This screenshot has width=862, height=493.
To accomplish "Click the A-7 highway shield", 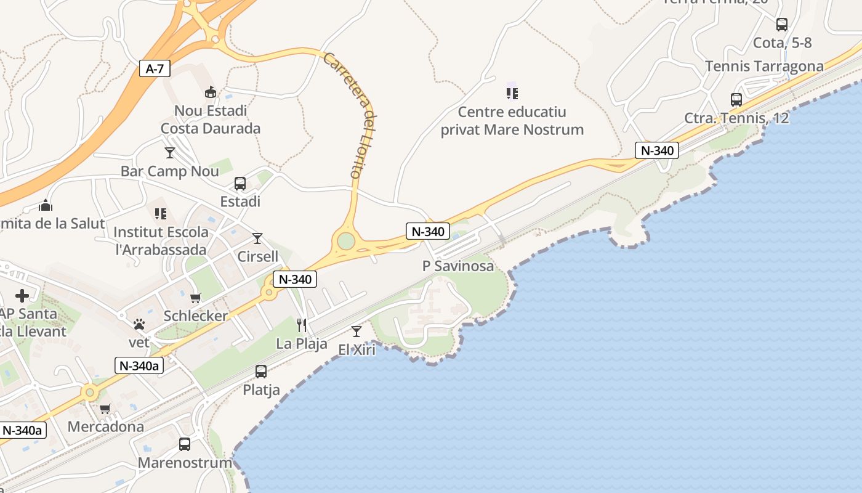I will click(x=154, y=68).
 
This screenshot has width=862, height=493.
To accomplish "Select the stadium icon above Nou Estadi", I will click(x=211, y=92).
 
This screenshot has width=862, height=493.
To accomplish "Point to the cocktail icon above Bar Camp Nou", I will click(x=170, y=152).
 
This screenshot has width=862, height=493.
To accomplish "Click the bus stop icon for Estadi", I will click(x=240, y=184).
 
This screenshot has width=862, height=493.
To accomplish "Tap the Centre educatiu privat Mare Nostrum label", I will click(x=512, y=121).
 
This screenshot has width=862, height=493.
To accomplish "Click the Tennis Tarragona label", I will click(x=764, y=66).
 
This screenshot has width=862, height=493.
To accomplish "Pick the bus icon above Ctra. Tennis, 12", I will click(x=736, y=99).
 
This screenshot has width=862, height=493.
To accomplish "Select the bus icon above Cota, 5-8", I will click(x=782, y=25).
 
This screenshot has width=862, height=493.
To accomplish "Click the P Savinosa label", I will click(x=458, y=266).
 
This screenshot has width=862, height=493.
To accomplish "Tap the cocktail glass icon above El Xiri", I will click(x=356, y=332).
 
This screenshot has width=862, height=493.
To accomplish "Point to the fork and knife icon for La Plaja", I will click(x=302, y=325).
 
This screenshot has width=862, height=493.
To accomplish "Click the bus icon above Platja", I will click(x=261, y=372).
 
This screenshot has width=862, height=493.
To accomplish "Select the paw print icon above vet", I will click(x=139, y=324).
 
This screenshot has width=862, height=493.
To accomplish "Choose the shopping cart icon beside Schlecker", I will click(x=196, y=298).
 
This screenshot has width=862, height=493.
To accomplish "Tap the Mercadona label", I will click(x=106, y=426).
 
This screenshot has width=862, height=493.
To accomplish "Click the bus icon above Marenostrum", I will click(x=184, y=444).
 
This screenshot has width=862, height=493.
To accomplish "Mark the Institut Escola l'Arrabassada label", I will click(x=160, y=241).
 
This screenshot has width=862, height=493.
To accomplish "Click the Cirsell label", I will click(x=258, y=256).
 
